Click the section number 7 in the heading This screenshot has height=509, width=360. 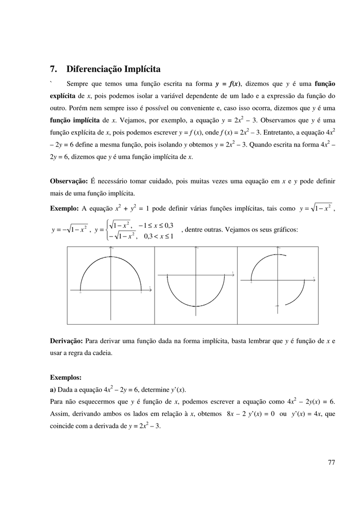pyautogui.click(x=53, y=69)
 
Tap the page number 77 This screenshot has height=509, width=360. pyautogui.click(x=332, y=463)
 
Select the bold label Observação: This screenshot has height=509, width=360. pyautogui.click(x=69, y=181)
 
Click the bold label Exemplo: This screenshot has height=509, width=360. pyautogui.click(x=65, y=208)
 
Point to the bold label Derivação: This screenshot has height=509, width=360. pyautogui.click(x=67, y=341)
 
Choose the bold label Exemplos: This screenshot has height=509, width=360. pyautogui.click(x=66, y=377)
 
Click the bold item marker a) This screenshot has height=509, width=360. pyautogui.click(x=54, y=389)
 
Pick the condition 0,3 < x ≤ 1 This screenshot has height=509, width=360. pyautogui.click(x=158, y=236)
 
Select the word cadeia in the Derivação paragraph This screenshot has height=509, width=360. pyautogui.click(x=102, y=353)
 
